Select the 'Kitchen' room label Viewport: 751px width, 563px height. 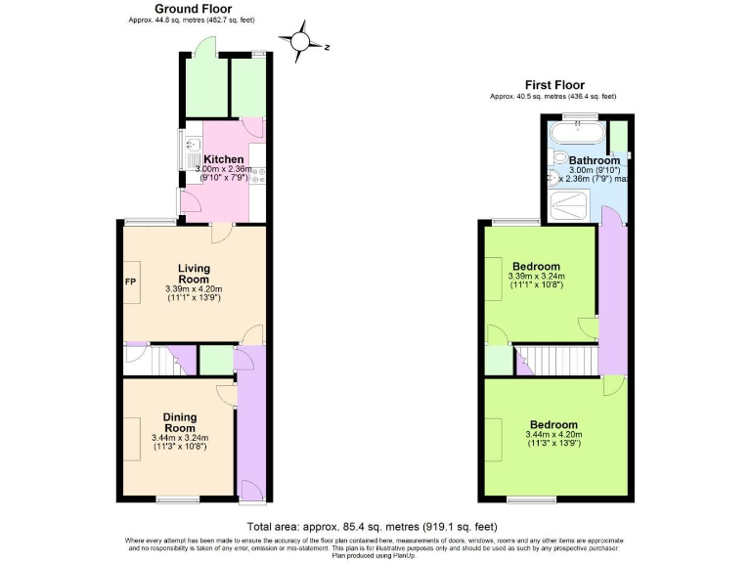coord(223,159)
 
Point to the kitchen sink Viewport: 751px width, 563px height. coord(186,151)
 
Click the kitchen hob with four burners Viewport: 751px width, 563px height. coord(258,175)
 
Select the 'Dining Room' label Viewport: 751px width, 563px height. coord(180,422)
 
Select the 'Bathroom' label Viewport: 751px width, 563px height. coord(595,160)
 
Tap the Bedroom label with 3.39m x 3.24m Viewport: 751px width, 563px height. coord(537,267)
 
